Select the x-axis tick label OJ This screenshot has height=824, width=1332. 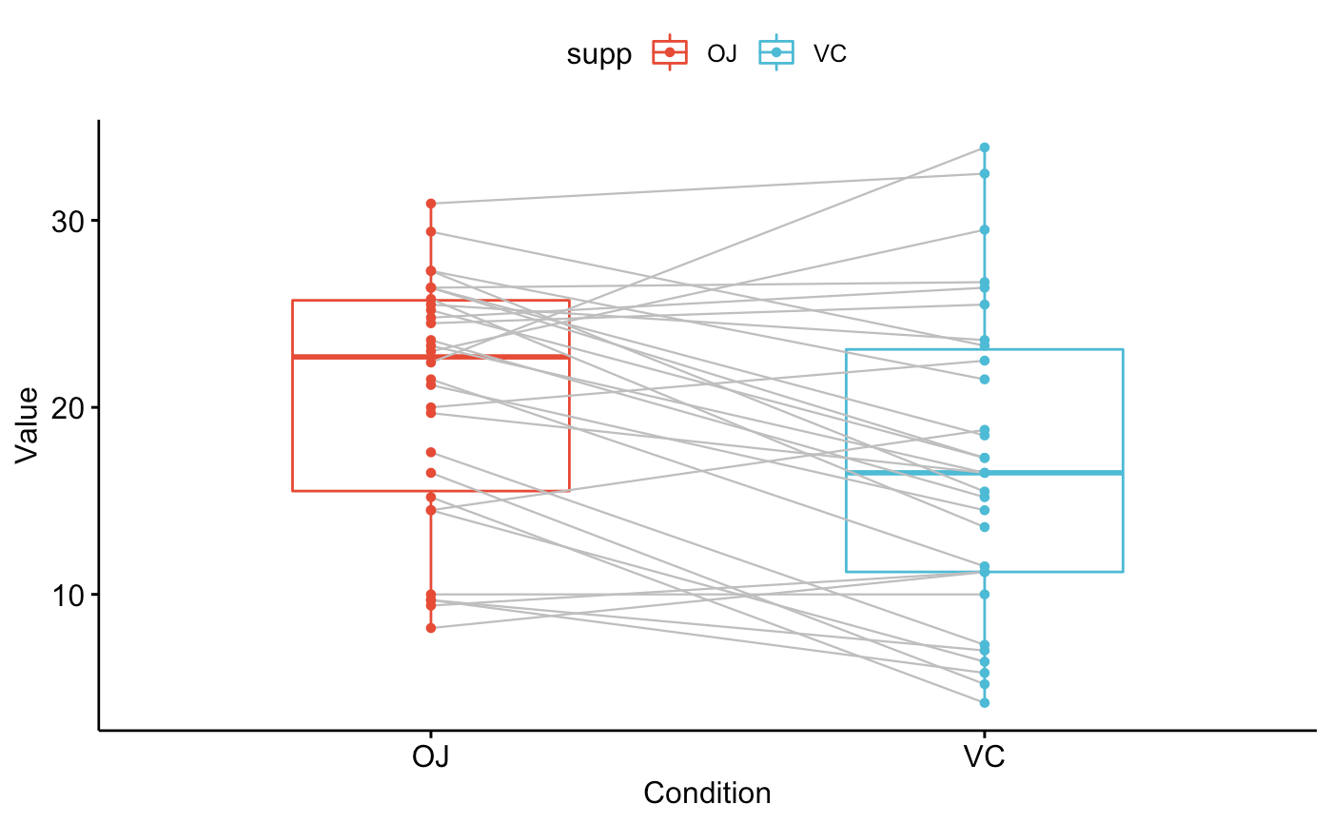[x=431, y=757]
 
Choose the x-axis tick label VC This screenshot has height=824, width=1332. [x=985, y=757]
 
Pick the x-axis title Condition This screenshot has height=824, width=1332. [x=707, y=793]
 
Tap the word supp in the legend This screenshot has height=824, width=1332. [x=598, y=54]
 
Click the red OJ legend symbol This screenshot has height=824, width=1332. [x=671, y=54]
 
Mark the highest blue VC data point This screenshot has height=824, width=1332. [x=985, y=147]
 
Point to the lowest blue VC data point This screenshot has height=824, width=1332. [x=985, y=702]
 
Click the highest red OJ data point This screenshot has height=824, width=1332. [x=431, y=204]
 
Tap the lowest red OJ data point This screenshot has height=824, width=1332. [x=431, y=628]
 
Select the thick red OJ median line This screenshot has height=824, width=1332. [x=362, y=357]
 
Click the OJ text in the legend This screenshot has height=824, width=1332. [x=722, y=54]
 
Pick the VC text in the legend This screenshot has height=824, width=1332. [x=830, y=54]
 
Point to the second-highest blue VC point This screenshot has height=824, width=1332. [x=985, y=173]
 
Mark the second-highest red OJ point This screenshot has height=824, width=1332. [x=431, y=231]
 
